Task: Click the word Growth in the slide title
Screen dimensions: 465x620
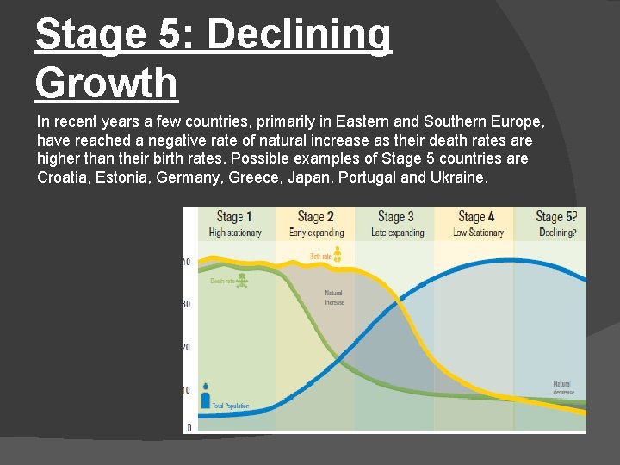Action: coord(107,84)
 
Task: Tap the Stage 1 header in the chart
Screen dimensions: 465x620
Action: coord(234,217)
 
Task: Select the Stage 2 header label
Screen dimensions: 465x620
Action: coord(315,217)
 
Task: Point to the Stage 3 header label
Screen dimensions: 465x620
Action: coord(395,217)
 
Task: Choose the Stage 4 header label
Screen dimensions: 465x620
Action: coord(476,217)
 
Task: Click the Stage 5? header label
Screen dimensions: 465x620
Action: coord(556,217)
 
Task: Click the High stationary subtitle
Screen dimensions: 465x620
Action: coord(234,232)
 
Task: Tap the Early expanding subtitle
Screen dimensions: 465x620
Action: coord(316,232)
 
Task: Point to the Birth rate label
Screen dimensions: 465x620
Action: coord(320,257)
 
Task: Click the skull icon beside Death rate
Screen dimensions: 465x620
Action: coord(244,281)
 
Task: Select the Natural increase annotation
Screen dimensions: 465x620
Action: coord(334,298)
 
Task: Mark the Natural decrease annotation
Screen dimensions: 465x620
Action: coord(563,387)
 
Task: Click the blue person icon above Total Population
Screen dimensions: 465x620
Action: coord(206,395)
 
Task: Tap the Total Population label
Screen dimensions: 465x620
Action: coord(230,406)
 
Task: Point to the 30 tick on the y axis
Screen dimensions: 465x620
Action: coord(186,304)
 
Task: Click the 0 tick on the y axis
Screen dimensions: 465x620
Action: coord(189,427)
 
